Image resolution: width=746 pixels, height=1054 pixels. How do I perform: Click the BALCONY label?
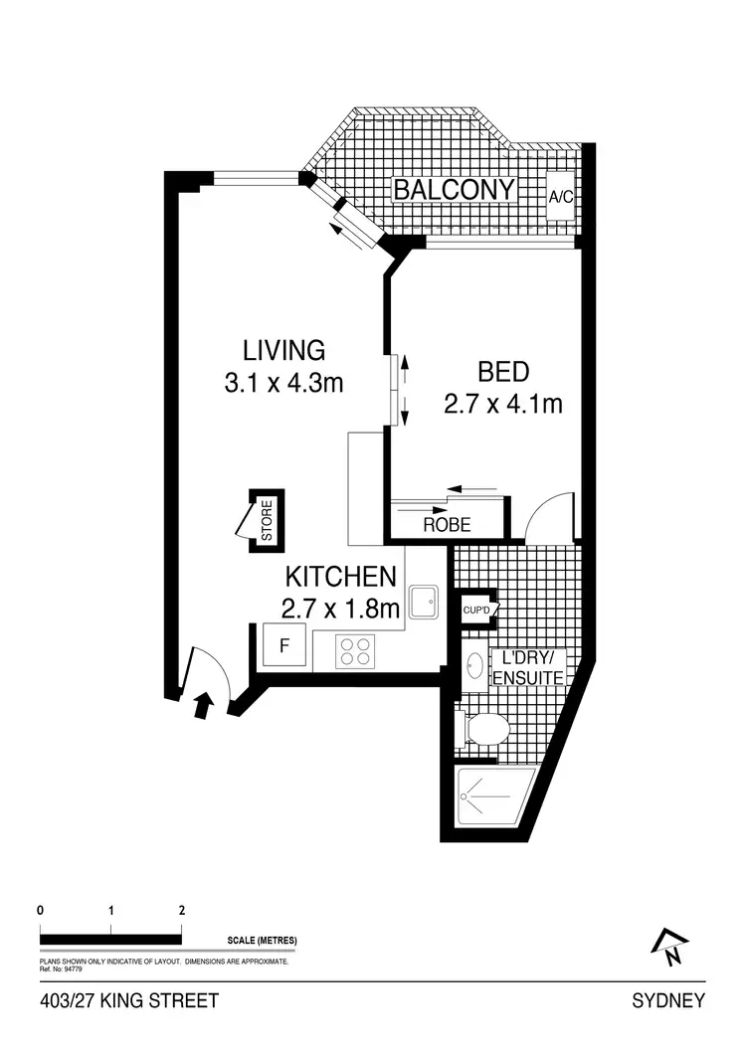[454, 189]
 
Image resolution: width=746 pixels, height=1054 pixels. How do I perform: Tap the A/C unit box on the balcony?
[561, 196]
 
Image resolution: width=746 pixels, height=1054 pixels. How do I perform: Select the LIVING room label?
[283, 350]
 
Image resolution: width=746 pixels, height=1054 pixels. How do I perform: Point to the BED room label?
[503, 373]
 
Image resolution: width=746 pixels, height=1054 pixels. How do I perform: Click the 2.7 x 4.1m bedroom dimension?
[503, 404]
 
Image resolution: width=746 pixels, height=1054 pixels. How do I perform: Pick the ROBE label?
[447, 525]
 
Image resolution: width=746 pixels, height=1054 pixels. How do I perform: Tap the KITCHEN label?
[342, 576]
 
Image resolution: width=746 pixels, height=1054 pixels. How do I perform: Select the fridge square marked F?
[284, 646]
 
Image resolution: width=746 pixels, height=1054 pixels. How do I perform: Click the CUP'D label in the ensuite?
[476, 610]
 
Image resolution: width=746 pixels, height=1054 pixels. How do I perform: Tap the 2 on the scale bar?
[181, 910]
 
